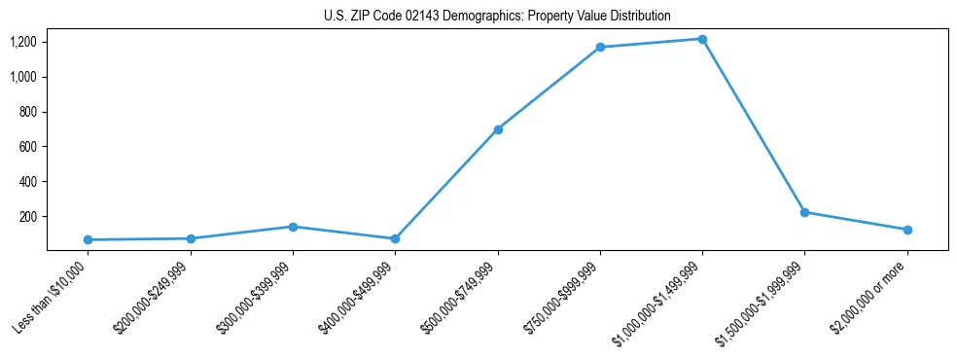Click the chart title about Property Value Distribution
[497, 17]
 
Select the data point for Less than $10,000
[88, 239]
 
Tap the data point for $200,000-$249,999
[191, 238]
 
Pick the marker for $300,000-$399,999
[293, 227]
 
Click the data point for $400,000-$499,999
[395, 238]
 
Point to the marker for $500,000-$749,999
[498, 129]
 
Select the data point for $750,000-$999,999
[600, 47]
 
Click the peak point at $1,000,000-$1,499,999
[702, 39]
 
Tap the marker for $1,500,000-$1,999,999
[804, 212]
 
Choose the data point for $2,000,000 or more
[907, 230]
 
